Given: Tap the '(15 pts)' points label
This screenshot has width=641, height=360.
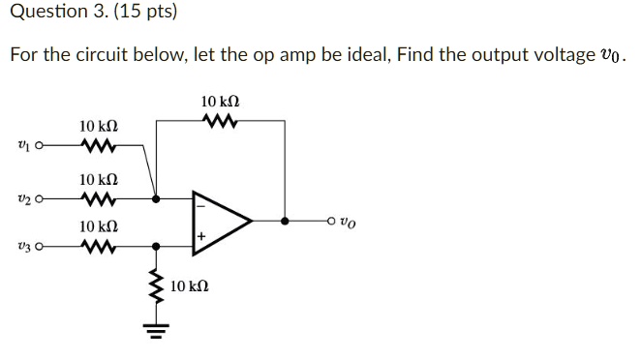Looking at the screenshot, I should point(125,14).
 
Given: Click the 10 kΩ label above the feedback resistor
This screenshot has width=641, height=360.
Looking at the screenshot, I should point(220,101).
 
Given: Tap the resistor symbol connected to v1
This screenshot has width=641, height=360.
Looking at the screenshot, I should point(99,147).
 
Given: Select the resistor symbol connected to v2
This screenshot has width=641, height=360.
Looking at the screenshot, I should point(99,198).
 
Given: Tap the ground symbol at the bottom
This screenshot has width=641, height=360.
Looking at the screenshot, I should point(154,329).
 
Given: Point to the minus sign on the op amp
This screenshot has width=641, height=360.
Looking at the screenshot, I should point(202,205).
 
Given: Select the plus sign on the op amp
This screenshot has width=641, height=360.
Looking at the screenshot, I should point(202,236).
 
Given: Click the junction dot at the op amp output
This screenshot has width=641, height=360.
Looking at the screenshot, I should point(285,221).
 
